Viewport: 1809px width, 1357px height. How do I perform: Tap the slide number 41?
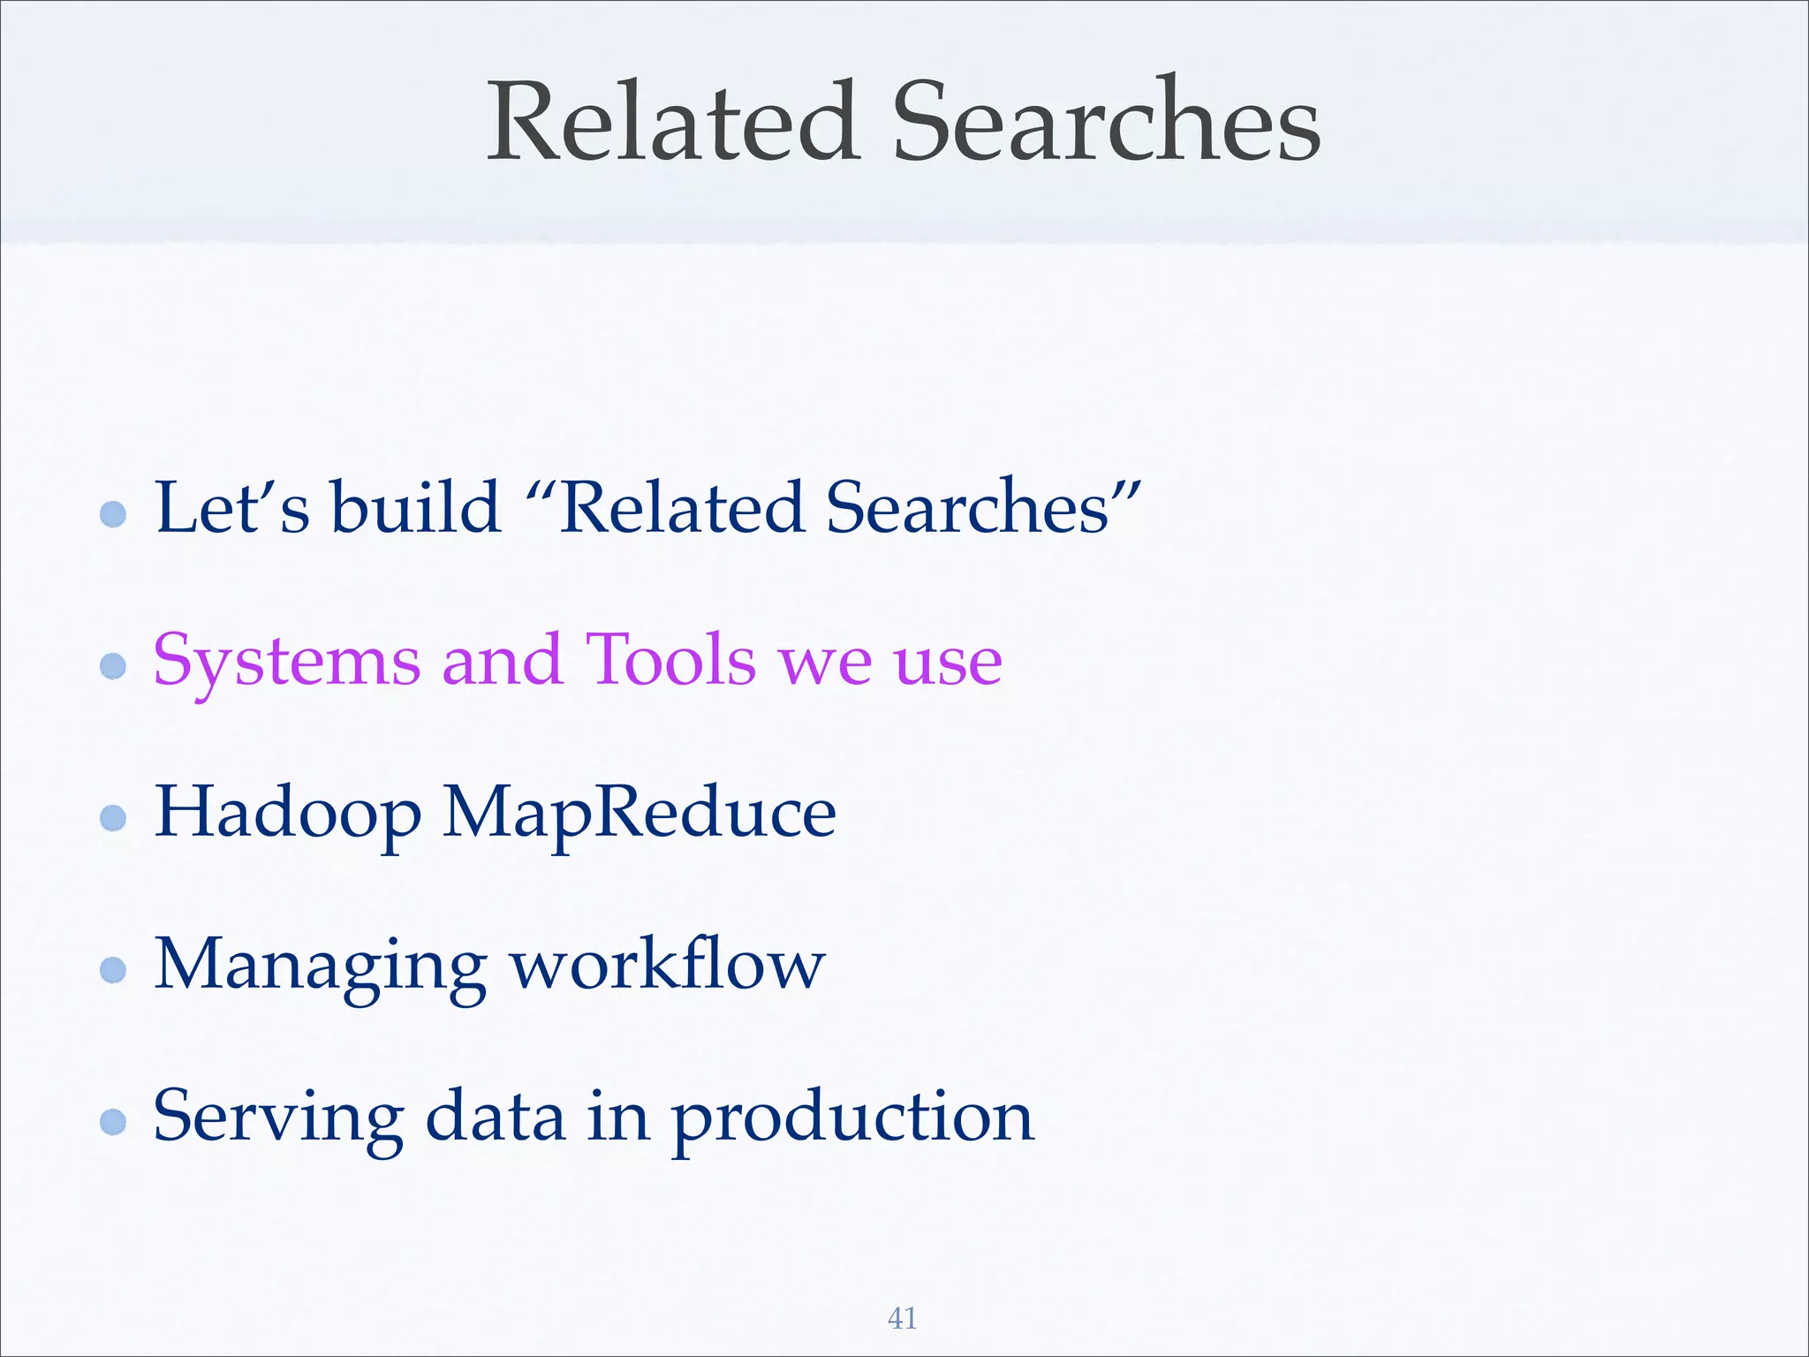pos(902,1318)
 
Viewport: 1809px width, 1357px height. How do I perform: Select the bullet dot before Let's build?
pos(113,513)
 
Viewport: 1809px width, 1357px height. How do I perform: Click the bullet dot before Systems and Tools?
pos(113,665)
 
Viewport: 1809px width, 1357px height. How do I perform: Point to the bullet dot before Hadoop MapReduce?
pos(113,817)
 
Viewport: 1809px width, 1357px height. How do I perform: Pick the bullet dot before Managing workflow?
pos(113,970)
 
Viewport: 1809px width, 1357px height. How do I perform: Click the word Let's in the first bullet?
pos(232,508)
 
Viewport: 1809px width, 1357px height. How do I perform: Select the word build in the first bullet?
pos(415,508)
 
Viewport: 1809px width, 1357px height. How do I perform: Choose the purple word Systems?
pos(286,662)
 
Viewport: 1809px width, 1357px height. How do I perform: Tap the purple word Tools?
pos(670,660)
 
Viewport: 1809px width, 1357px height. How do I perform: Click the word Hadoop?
pos(288,814)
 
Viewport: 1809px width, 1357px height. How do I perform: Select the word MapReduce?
pos(639,814)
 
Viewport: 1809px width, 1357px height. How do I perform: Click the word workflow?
pos(668,964)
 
